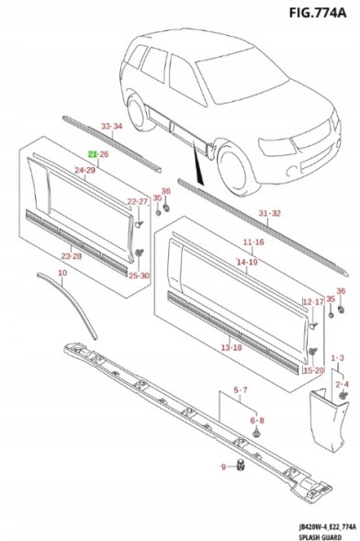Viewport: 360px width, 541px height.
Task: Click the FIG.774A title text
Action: tap(317, 12)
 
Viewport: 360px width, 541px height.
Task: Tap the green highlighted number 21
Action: tap(93, 154)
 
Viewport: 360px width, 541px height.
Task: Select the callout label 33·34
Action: tap(112, 126)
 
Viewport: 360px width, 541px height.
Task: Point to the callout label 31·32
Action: tap(270, 213)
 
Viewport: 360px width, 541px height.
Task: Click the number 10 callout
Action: tap(62, 273)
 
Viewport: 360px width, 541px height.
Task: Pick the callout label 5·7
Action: tap(241, 390)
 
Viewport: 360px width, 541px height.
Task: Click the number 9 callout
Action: tap(223, 467)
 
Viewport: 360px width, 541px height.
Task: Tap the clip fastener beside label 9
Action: tap(241, 465)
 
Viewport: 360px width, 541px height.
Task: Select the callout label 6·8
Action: tap(257, 421)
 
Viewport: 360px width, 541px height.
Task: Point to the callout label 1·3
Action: tap(337, 358)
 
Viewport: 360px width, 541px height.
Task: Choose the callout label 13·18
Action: tap(231, 347)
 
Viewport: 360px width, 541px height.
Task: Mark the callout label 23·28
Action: tap(72, 256)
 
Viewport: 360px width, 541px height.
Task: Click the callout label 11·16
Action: tap(253, 242)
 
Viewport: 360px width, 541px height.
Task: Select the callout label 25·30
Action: tap(139, 276)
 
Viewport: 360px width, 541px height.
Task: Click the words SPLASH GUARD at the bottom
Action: tap(321, 536)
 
